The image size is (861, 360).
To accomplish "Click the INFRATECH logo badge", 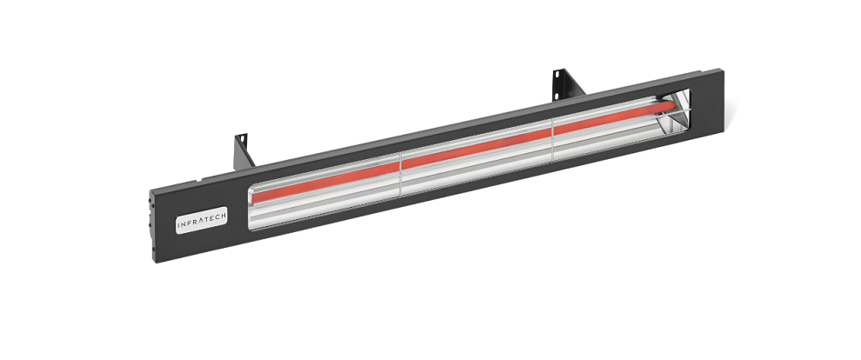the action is click(x=202, y=220).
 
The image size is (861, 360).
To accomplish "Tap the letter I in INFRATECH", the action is click(x=179, y=225).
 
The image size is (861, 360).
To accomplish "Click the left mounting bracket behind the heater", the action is click(x=243, y=151).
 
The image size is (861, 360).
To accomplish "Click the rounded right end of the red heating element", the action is click(x=671, y=105).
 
